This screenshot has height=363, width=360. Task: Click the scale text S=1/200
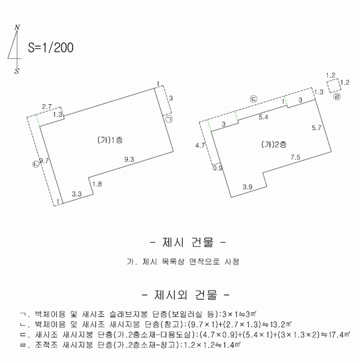coord(51,47)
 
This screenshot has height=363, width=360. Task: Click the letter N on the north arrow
coord(17,27)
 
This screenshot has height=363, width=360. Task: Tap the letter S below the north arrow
coord(17,71)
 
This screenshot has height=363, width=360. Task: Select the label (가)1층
coord(110,140)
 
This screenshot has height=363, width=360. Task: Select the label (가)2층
coord(274,145)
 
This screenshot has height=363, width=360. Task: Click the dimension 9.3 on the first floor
coord(129,159)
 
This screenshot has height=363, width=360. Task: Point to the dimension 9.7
coord(44,160)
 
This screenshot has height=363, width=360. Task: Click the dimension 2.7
coord(47,106)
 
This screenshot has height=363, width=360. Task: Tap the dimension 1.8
coord(97,184)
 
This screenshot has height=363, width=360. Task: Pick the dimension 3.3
coord(77,194)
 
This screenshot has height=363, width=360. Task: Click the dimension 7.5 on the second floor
coord(295,157)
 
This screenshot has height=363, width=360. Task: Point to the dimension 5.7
coord(316,128)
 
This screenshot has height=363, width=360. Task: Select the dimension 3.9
coord(247,187)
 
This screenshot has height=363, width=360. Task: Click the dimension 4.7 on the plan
coord(200,145)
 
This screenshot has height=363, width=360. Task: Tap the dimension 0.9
coord(218,168)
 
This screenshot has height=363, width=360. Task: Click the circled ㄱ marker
coord(169,119)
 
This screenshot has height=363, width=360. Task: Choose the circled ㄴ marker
coord(36,164)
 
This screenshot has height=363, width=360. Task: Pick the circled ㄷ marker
coord(254,99)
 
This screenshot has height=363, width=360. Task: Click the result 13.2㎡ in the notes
coord(281,324)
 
